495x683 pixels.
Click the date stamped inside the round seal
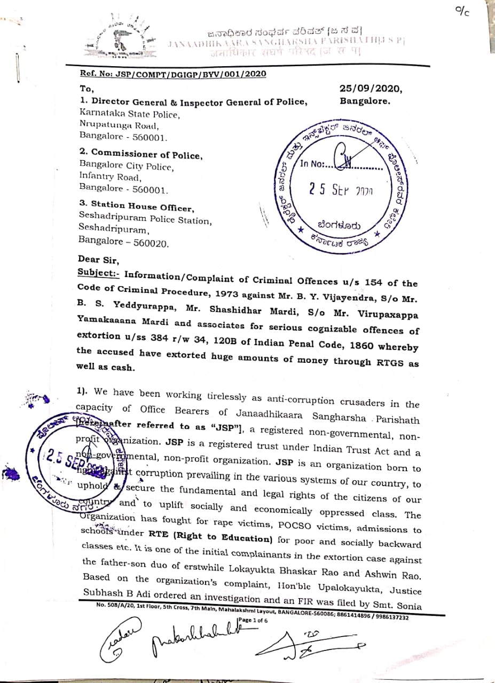340,190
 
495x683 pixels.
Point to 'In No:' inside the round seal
312,164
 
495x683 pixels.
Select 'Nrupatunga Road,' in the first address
119,125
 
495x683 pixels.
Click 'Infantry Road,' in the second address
110,177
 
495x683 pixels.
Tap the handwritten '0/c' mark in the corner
461,11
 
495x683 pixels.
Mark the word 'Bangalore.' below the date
365,100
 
